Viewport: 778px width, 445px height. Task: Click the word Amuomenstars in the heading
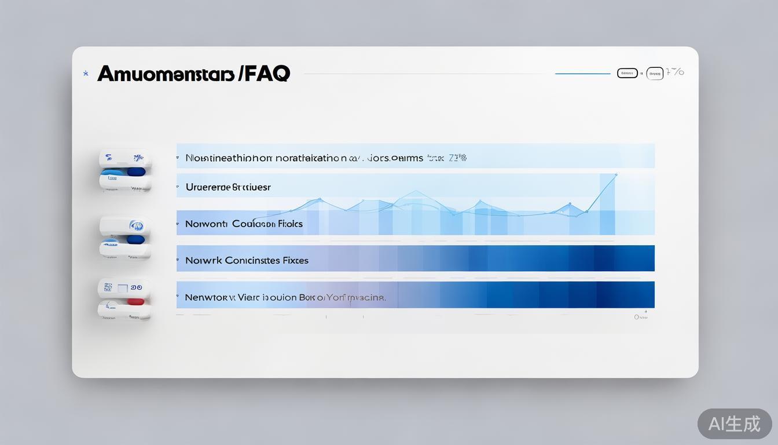click(166, 74)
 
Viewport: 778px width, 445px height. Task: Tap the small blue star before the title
click(86, 74)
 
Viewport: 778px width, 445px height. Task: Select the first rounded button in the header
click(627, 73)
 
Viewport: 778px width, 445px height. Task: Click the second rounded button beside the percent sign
click(655, 73)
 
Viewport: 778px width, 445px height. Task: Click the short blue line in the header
click(582, 74)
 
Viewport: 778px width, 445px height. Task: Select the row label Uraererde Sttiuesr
click(228, 187)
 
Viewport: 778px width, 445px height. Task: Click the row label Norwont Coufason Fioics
click(244, 224)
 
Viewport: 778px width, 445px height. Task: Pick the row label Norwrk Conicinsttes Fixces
click(247, 261)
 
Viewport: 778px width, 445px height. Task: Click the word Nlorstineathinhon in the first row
click(229, 158)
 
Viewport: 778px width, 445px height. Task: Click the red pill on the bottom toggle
click(135, 301)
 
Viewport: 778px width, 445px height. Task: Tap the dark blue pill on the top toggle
click(135, 172)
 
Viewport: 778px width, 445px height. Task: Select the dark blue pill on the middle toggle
click(135, 239)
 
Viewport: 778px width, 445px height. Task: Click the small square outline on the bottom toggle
click(123, 287)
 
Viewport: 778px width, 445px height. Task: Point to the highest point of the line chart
click(616, 174)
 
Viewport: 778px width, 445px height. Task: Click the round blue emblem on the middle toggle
click(137, 225)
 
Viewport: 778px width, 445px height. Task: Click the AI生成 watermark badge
click(734, 424)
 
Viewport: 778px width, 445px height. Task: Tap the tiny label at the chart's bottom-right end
click(640, 317)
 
